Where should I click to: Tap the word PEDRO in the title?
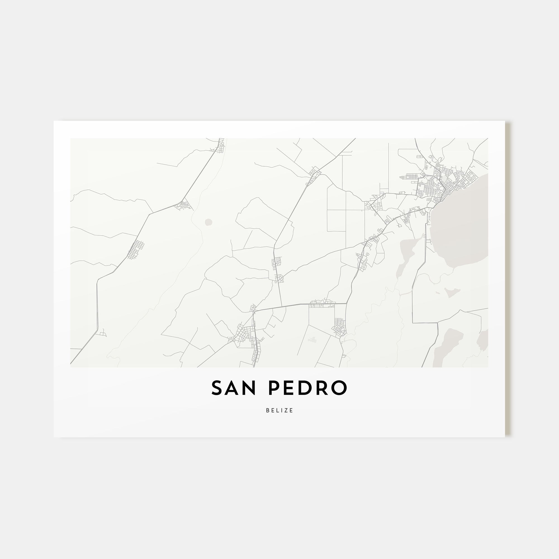(307, 388)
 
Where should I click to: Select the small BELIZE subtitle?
(279, 411)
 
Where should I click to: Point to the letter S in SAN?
(217, 388)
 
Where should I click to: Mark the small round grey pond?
(208, 222)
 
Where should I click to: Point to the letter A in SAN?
(233, 388)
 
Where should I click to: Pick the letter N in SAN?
(250, 388)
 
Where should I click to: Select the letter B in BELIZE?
(268, 411)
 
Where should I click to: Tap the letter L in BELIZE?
(278, 411)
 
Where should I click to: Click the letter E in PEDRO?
(291, 388)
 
